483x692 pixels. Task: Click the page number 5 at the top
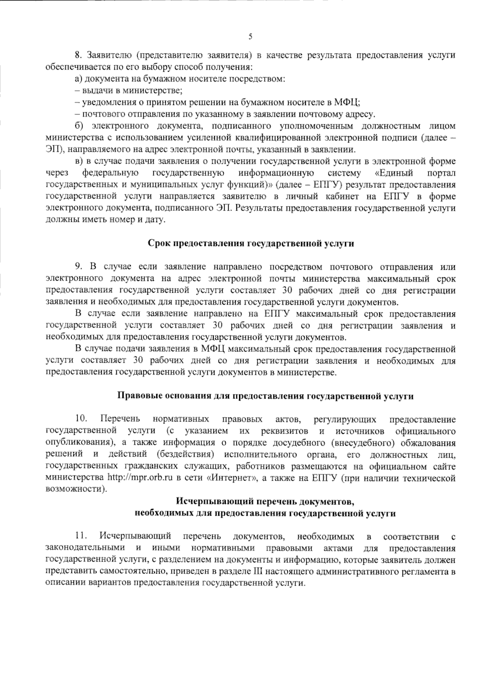coord(250,37)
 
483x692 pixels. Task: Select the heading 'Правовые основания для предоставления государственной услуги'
coord(265,396)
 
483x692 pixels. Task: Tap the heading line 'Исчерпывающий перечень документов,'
coord(265,502)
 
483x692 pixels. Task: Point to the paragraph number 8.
coord(78,55)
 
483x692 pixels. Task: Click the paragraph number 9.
coord(78,266)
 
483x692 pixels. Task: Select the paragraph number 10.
coord(81,419)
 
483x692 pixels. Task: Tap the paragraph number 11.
coord(81,536)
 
